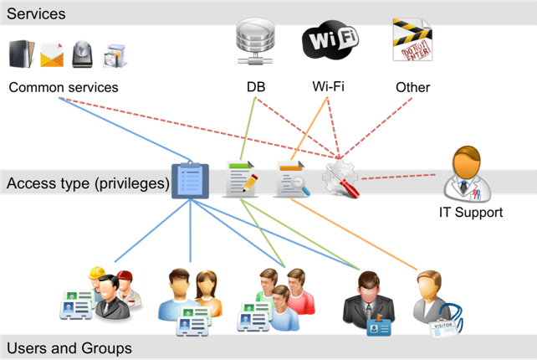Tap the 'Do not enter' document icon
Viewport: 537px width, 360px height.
[x=412, y=39]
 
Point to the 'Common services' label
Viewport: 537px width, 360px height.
[x=64, y=87]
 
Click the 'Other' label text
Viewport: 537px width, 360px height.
[x=412, y=87]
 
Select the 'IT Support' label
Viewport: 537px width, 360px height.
[x=471, y=212]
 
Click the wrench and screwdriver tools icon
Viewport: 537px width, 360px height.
[x=342, y=178]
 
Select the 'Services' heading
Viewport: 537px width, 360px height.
[x=37, y=13]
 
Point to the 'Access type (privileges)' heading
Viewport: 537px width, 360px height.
[x=88, y=183]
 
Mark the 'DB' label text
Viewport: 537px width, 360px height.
[x=256, y=87]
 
